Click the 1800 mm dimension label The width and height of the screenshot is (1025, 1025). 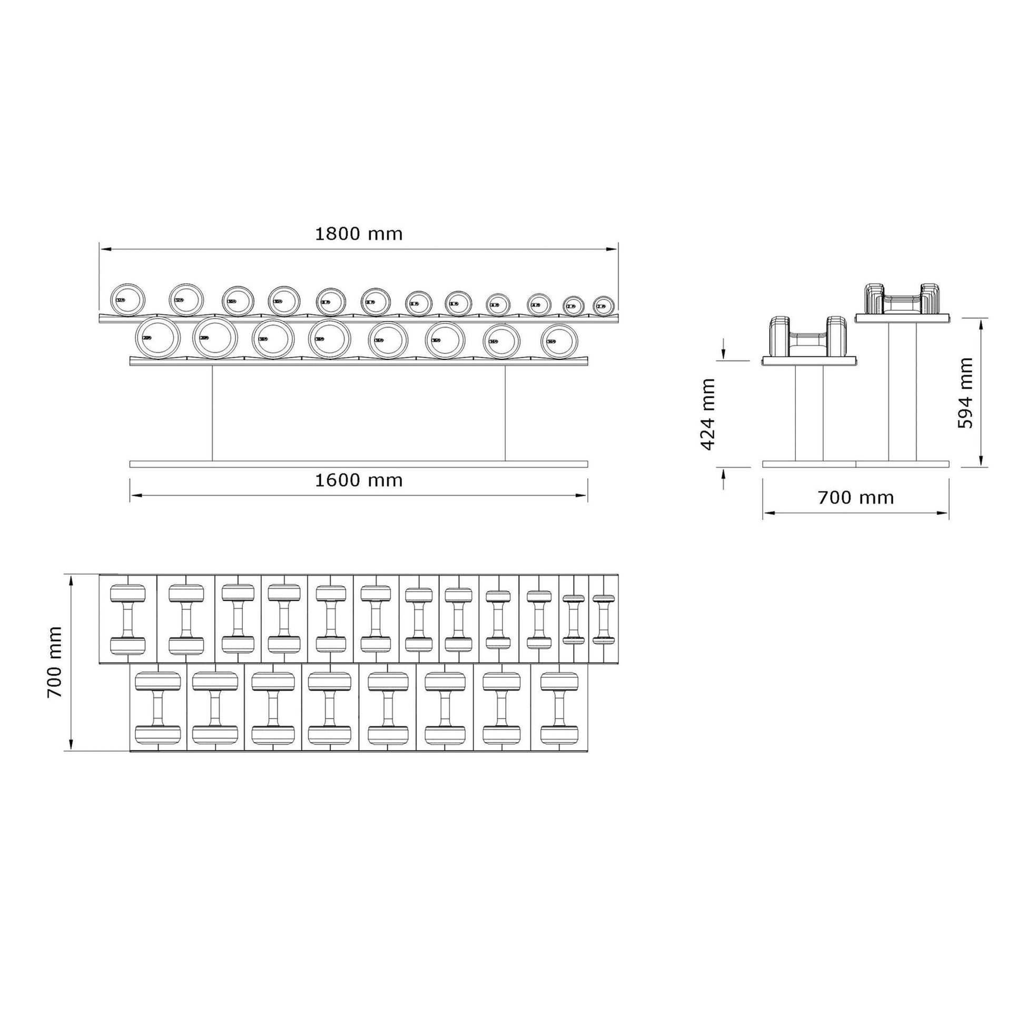point(359,234)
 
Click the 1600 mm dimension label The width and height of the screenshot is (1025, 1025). point(359,481)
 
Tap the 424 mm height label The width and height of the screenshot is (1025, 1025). point(709,415)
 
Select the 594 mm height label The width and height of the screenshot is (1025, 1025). point(965,393)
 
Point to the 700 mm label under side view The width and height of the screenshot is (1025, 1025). point(855,498)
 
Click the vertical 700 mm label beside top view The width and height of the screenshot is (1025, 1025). point(55,662)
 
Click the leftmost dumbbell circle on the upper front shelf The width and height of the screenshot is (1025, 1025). point(127,300)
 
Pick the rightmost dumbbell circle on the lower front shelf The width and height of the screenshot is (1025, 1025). point(559,341)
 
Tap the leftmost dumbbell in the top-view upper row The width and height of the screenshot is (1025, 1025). point(127,619)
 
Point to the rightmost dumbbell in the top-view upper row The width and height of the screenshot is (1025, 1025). point(603,619)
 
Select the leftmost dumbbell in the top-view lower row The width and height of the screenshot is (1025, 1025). point(157,707)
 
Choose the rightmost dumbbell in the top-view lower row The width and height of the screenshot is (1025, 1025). point(559,707)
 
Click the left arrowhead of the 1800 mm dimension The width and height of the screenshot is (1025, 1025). point(103,248)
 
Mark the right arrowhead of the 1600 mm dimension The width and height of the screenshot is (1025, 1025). point(584,496)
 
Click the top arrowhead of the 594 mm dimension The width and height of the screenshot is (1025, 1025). point(981,321)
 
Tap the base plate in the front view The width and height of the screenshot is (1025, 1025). point(359,464)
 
